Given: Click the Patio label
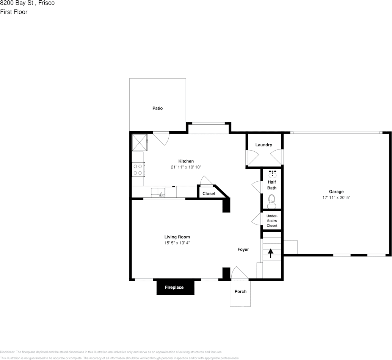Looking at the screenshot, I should click(158, 108).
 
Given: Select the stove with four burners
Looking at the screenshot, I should click(138, 169).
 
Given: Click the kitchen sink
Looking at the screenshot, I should click(161, 193).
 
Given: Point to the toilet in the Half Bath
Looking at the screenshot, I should click(271, 201).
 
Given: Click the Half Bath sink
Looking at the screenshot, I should click(272, 174).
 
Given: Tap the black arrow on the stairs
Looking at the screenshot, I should click(271, 253).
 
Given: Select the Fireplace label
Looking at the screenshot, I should click(174, 288).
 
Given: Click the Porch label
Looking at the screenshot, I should click(240, 291).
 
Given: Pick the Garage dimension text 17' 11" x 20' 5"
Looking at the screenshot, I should click(336, 198).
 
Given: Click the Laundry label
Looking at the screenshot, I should click(263, 145).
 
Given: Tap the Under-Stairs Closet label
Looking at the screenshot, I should click(272, 221).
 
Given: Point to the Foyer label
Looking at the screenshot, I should click(243, 249).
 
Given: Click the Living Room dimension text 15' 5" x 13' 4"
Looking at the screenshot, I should click(177, 243).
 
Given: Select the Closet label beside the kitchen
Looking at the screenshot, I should click(209, 193).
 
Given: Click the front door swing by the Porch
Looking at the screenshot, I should click(239, 273).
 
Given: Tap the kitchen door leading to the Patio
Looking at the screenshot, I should click(161, 138).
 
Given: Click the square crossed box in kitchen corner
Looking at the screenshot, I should click(140, 142).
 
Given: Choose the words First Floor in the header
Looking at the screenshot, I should click(14, 12).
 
